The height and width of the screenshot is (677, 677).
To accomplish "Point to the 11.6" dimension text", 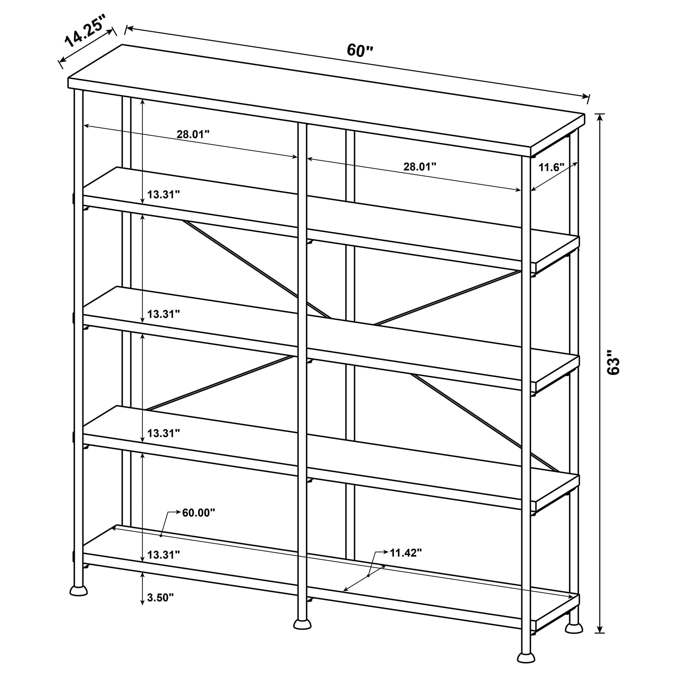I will click(551, 167).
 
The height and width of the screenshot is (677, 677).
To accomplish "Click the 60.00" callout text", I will click(198, 512).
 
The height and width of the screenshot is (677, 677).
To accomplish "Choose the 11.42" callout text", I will click(406, 553).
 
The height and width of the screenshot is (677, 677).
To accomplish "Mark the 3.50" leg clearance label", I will click(160, 597).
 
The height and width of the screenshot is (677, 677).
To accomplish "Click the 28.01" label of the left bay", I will click(193, 135).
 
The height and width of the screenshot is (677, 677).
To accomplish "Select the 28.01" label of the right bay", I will click(420, 167).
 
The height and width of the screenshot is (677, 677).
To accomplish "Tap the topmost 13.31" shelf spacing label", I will click(164, 194).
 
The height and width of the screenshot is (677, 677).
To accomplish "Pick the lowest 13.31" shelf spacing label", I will click(164, 555).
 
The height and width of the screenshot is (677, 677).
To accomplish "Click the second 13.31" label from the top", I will click(164, 314).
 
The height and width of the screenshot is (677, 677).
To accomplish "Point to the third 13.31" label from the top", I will click(164, 433).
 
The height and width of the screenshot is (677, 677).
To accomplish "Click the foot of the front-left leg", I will click(78, 590).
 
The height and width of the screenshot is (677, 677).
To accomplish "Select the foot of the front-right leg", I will click(526, 657).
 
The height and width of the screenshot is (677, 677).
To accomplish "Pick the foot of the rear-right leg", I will click(574, 628).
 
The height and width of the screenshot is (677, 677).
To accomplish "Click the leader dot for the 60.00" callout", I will click(161, 535).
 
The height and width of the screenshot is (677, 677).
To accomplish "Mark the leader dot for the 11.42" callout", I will click(368, 575).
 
